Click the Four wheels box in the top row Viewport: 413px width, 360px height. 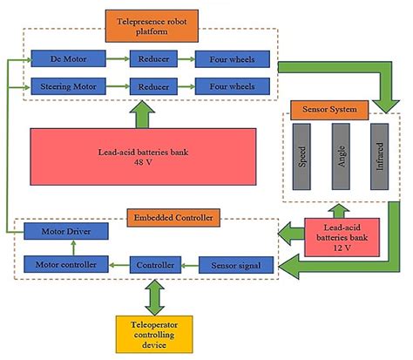point(226,59)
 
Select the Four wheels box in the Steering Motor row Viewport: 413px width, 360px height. point(226,86)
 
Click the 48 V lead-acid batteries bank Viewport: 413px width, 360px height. point(144,156)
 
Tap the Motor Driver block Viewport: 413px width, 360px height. point(66,231)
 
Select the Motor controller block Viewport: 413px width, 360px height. point(66,263)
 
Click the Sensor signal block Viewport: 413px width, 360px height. point(236,263)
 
